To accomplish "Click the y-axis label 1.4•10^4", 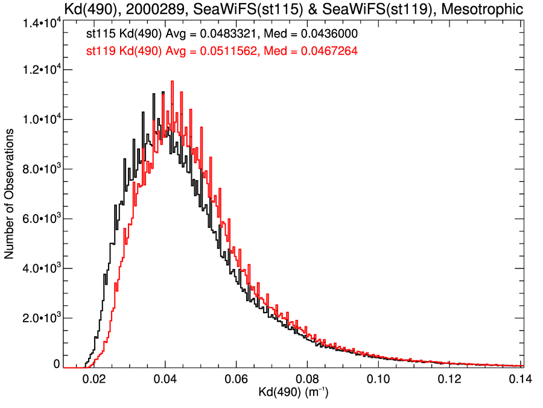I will (x=39, y=23).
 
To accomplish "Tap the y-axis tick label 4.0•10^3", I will (x=39, y=268).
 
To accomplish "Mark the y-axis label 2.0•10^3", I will (x=39, y=318).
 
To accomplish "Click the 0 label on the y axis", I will (x=57, y=364).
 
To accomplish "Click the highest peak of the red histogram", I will (x=173, y=82).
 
